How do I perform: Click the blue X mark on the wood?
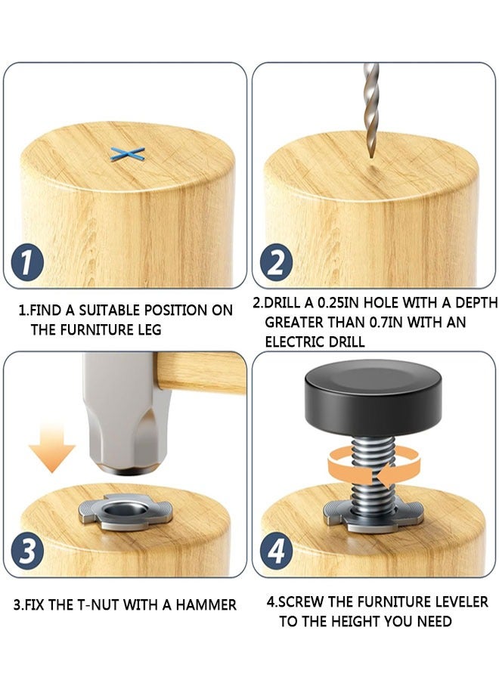point(127,154)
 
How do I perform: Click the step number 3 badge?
point(27,552)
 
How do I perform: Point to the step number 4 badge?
point(276,552)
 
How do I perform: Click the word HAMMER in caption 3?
point(209,604)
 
